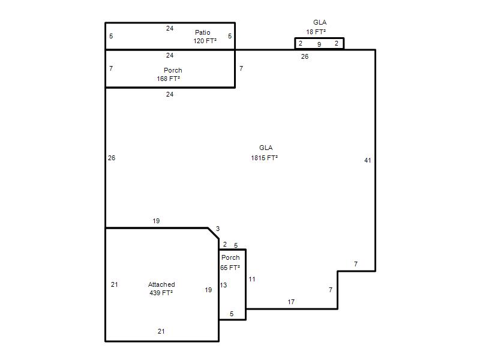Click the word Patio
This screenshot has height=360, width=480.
tap(202, 32)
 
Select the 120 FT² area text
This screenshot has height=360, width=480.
tap(205, 41)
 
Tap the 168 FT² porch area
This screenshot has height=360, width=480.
tap(168, 79)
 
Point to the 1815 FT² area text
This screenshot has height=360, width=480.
tap(264, 158)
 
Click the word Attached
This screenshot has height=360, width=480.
tap(161, 284)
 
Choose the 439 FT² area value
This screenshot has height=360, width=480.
tap(161, 293)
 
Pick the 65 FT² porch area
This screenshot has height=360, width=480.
tap(230, 268)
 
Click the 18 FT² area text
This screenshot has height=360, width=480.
tap(316, 32)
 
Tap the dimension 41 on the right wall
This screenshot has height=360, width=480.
tap(368, 160)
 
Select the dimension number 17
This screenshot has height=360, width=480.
tap(291, 302)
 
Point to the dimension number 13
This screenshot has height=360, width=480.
tap(223, 286)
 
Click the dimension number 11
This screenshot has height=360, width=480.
tap(251, 279)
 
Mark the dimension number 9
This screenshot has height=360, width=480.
tap(319, 44)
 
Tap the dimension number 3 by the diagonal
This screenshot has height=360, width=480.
tap(218, 229)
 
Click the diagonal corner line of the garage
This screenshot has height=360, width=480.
tap(214, 233)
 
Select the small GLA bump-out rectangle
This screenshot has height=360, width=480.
tap(319, 38)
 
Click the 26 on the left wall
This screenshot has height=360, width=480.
tap(112, 158)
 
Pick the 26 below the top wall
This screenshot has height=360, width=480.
tap(305, 56)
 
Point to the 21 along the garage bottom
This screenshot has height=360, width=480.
tap(161, 331)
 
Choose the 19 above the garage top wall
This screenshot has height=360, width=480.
tap(156, 221)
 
